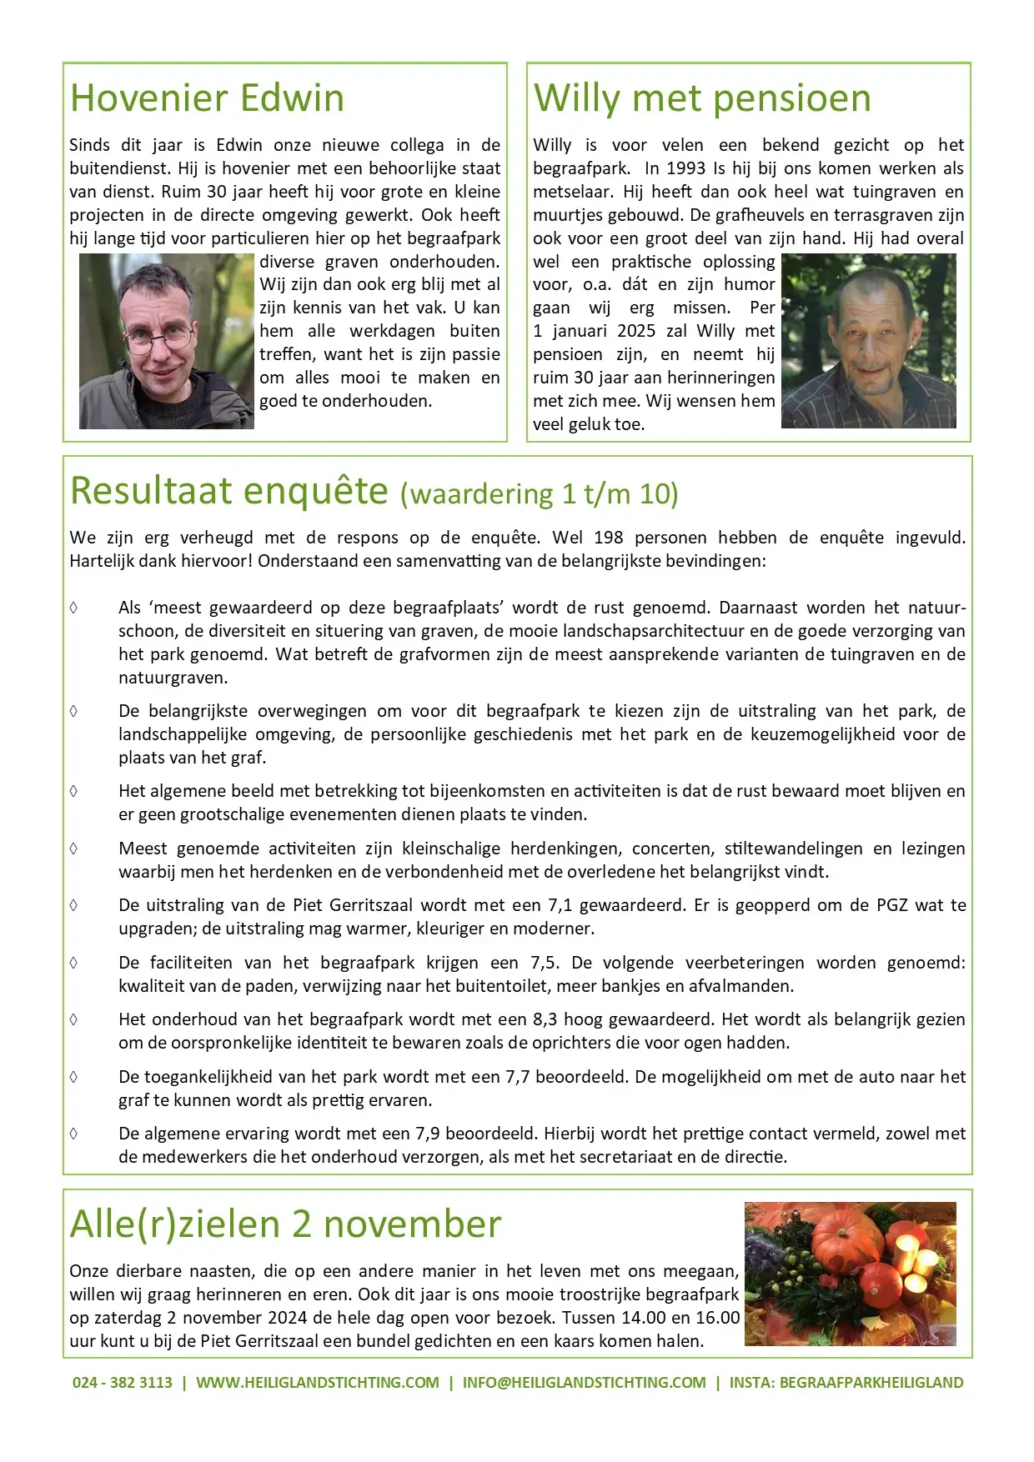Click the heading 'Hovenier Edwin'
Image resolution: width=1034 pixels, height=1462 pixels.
click(x=207, y=98)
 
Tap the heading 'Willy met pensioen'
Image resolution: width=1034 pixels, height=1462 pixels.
click(x=702, y=98)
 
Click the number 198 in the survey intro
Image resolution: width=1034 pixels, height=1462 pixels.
click(x=608, y=538)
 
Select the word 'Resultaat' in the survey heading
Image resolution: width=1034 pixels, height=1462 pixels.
click(x=151, y=490)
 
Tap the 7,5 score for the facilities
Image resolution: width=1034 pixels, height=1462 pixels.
click(x=545, y=963)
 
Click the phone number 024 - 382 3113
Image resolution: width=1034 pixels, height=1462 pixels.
click(x=123, y=1383)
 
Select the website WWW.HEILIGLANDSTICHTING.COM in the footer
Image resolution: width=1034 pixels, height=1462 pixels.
click(x=318, y=1383)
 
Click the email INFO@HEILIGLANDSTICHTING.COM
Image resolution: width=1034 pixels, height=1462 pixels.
click(x=584, y=1383)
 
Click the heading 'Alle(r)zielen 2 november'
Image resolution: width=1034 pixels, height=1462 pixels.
click(x=285, y=1224)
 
